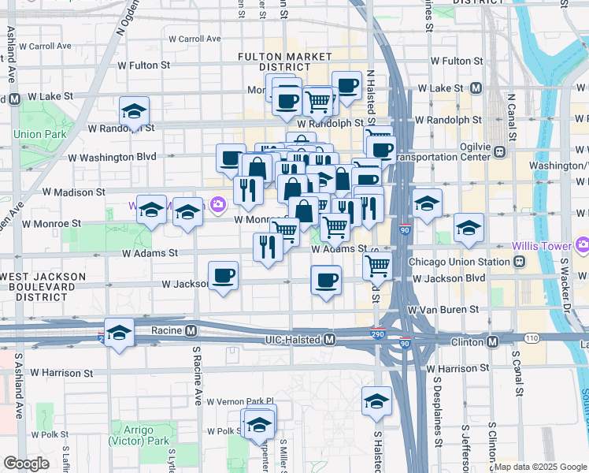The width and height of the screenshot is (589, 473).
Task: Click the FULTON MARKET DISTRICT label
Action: (x=285, y=61)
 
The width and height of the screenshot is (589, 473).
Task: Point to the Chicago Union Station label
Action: (x=459, y=262)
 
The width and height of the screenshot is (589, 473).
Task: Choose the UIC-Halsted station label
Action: (x=293, y=340)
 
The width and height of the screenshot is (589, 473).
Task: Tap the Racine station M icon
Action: (x=191, y=331)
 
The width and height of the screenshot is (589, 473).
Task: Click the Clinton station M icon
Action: (x=492, y=341)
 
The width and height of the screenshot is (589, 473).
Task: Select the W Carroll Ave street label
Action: (x=188, y=38)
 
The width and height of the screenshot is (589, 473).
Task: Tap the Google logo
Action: (x=27, y=464)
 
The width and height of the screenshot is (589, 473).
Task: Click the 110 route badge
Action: (x=532, y=337)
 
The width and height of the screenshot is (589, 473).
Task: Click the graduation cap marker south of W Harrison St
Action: (x=376, y=400)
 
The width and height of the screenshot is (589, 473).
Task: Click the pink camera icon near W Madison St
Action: (x=218, y=205)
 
